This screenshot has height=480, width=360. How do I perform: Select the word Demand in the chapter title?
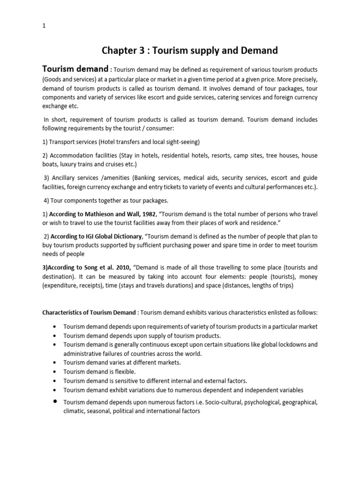(261, 50)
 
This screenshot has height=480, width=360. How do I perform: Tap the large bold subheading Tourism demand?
(75, 69)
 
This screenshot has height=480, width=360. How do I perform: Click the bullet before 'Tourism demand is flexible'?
(55, 372)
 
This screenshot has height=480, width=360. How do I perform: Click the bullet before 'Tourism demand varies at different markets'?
(55, 363)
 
